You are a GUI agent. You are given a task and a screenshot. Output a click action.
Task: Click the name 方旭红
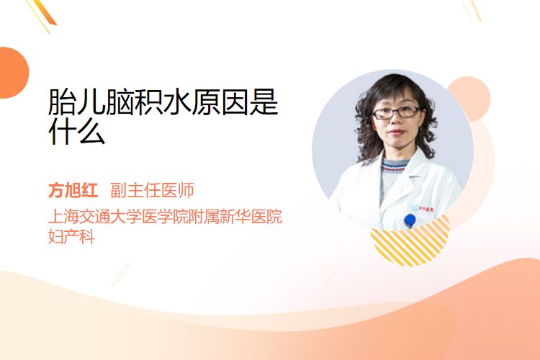coord(73,190)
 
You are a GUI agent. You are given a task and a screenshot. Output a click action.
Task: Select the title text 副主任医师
coord(152,190)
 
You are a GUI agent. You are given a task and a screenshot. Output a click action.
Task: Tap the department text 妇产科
coord(71,237)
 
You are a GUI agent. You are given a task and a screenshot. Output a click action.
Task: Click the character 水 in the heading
coord(177,102)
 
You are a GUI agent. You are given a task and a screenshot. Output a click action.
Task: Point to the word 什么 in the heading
coord(77,131)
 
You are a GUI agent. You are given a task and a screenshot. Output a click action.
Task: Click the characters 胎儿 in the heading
coord(77,102)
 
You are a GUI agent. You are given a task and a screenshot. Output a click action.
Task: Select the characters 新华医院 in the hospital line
coord(251,216)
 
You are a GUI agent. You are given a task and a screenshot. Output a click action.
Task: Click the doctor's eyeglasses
coord(396,112)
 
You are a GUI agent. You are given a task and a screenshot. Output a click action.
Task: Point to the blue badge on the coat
coord(410,220)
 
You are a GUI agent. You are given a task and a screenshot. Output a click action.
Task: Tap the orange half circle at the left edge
coord(14,73)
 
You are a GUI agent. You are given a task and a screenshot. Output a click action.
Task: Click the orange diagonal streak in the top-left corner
coord(44,13)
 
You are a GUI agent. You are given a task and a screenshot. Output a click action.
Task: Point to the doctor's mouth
coord(397,132)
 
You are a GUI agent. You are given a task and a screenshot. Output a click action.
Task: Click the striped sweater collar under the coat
coord(393,166)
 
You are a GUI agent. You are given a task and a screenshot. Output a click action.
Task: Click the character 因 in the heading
coord(235,102)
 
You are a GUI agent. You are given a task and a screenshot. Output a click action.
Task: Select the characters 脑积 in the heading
coord(135,102)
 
